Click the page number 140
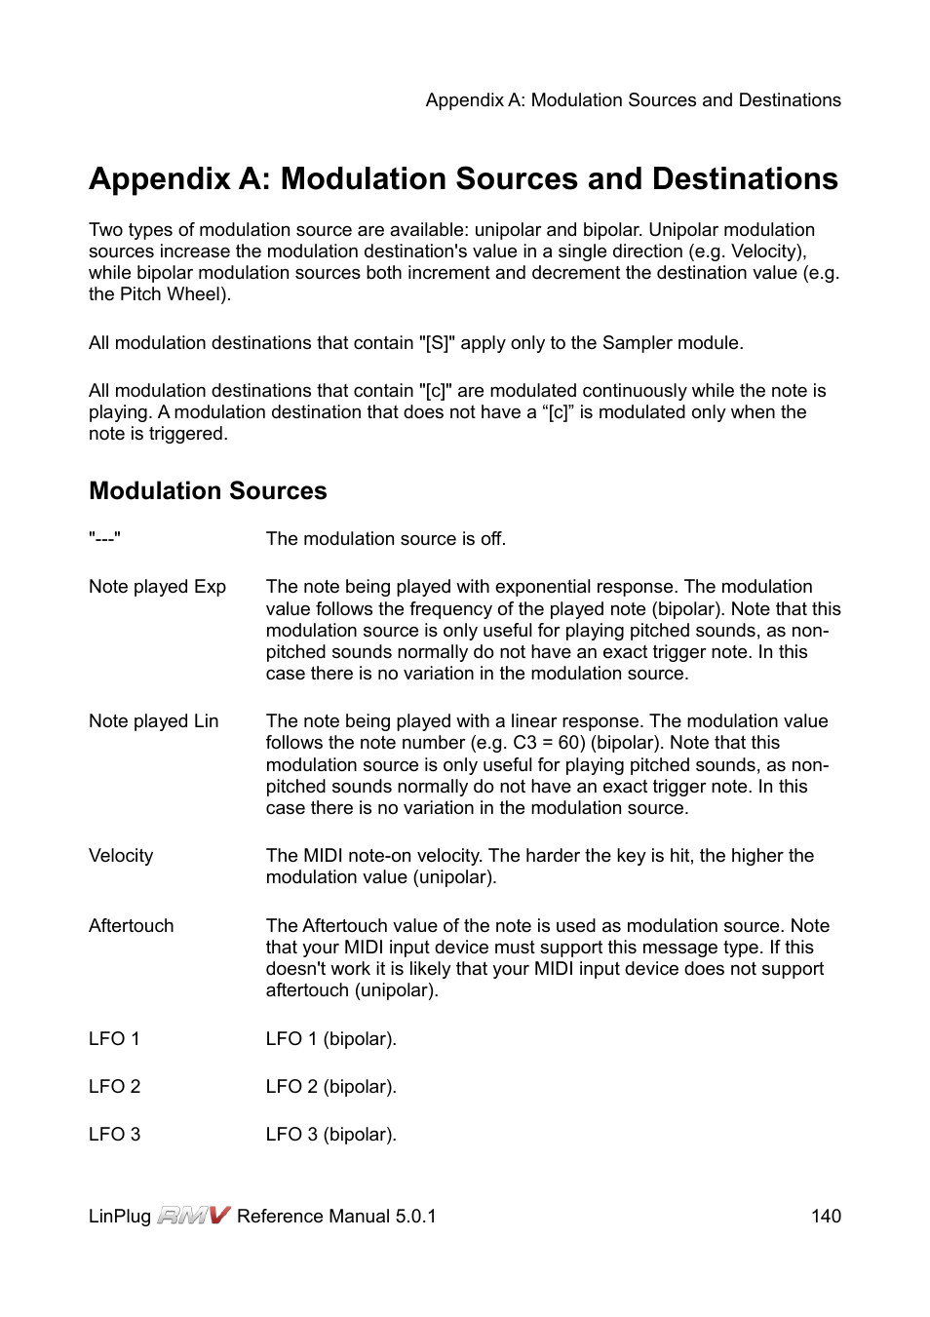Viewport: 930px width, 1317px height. click(x=825, y=1216)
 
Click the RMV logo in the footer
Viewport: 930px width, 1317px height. click(x=194, y=1215)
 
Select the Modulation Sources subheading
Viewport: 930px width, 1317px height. click(x=208, y=490)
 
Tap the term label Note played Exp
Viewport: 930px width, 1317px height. click(x=157, y=587)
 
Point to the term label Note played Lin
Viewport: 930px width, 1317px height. click(x=153, y=721)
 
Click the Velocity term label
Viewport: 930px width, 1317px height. click(x=121, y=856)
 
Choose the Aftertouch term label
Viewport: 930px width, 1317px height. click(x=131, y=926)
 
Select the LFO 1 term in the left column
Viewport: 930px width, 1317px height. click(x=114, y=1039)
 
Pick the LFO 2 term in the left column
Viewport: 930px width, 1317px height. click(x=114, y=1087)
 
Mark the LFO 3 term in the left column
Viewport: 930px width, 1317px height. click(x=114, y=1135)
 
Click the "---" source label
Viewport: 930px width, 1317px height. click(x=104, y=539)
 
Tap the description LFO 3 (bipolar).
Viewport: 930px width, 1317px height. click(x=330, y=1135)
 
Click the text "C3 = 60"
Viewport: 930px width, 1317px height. click(x=549, y=743)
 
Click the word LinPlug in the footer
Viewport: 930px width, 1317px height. click(x=119, y=1217)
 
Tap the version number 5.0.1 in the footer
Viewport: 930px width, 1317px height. click(x=415, y=1217)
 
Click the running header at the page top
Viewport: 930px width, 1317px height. click(x=633, y=100)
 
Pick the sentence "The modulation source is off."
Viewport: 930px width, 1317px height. click(x=385, y=539)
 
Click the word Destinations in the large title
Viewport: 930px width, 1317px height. click(x=745, y=179)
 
